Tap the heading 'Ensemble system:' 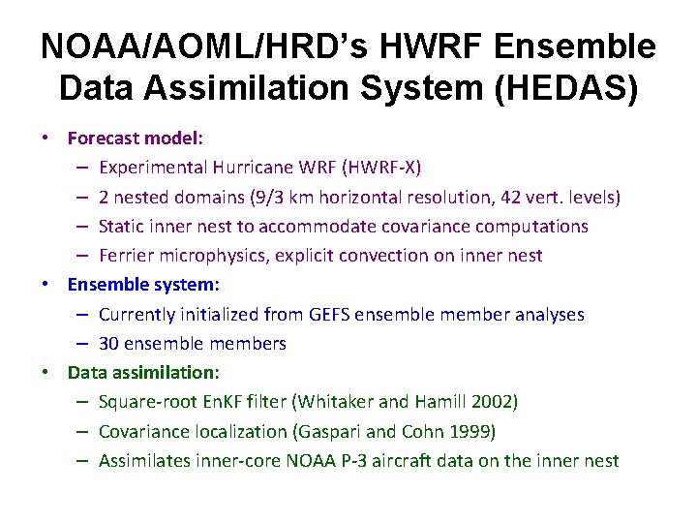[143, 285]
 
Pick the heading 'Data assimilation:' [143, 372]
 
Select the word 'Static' [121, 226]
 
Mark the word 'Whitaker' [335, 401]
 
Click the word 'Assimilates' [140, 460]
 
